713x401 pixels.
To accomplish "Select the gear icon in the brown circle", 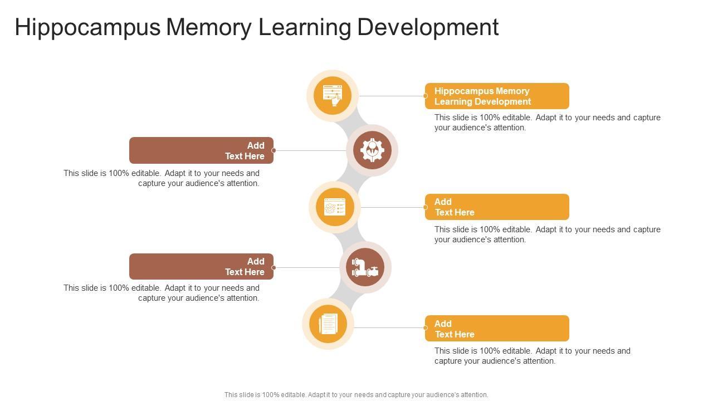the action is coord(372,150).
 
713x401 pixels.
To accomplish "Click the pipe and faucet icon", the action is coord(365,267).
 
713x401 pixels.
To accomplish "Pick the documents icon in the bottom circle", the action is coord(328,324).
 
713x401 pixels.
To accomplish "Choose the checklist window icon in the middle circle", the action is coord(335,207).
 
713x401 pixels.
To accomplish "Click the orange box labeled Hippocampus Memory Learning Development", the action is coord(497,96).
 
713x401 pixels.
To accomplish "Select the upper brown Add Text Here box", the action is coord(201,150).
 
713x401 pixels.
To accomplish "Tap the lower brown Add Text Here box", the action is coord(201,267).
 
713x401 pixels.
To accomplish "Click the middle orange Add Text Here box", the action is coord(497,207).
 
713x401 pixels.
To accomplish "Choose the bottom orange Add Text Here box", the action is coord(497,329).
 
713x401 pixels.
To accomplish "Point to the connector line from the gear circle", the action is coord(310,150).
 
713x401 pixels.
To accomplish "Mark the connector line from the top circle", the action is coord(391,96).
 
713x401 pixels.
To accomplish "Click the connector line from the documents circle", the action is coord(389,327).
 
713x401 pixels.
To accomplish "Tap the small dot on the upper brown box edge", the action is coord(274,150).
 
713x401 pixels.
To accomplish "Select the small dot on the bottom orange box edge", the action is coord(426,328).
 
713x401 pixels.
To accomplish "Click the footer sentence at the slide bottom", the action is coord(356,395).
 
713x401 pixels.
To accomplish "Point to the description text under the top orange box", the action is coord(547,123).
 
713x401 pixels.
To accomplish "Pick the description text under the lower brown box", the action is coord(162,293).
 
